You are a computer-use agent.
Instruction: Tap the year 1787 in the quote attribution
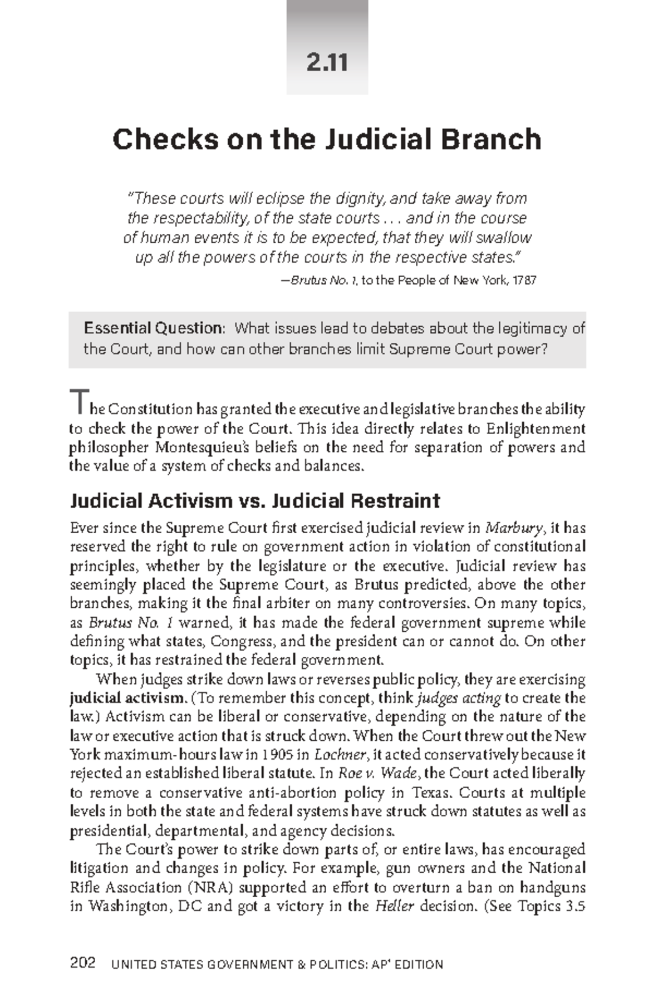(525, 280)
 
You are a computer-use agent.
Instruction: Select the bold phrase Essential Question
(153, 328)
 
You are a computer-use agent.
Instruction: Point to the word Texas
(430, 793)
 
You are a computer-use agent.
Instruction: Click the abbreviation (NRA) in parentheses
(210, 887)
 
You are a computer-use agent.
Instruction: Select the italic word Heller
(395, 906)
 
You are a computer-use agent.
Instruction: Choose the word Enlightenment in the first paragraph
(536, 429)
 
